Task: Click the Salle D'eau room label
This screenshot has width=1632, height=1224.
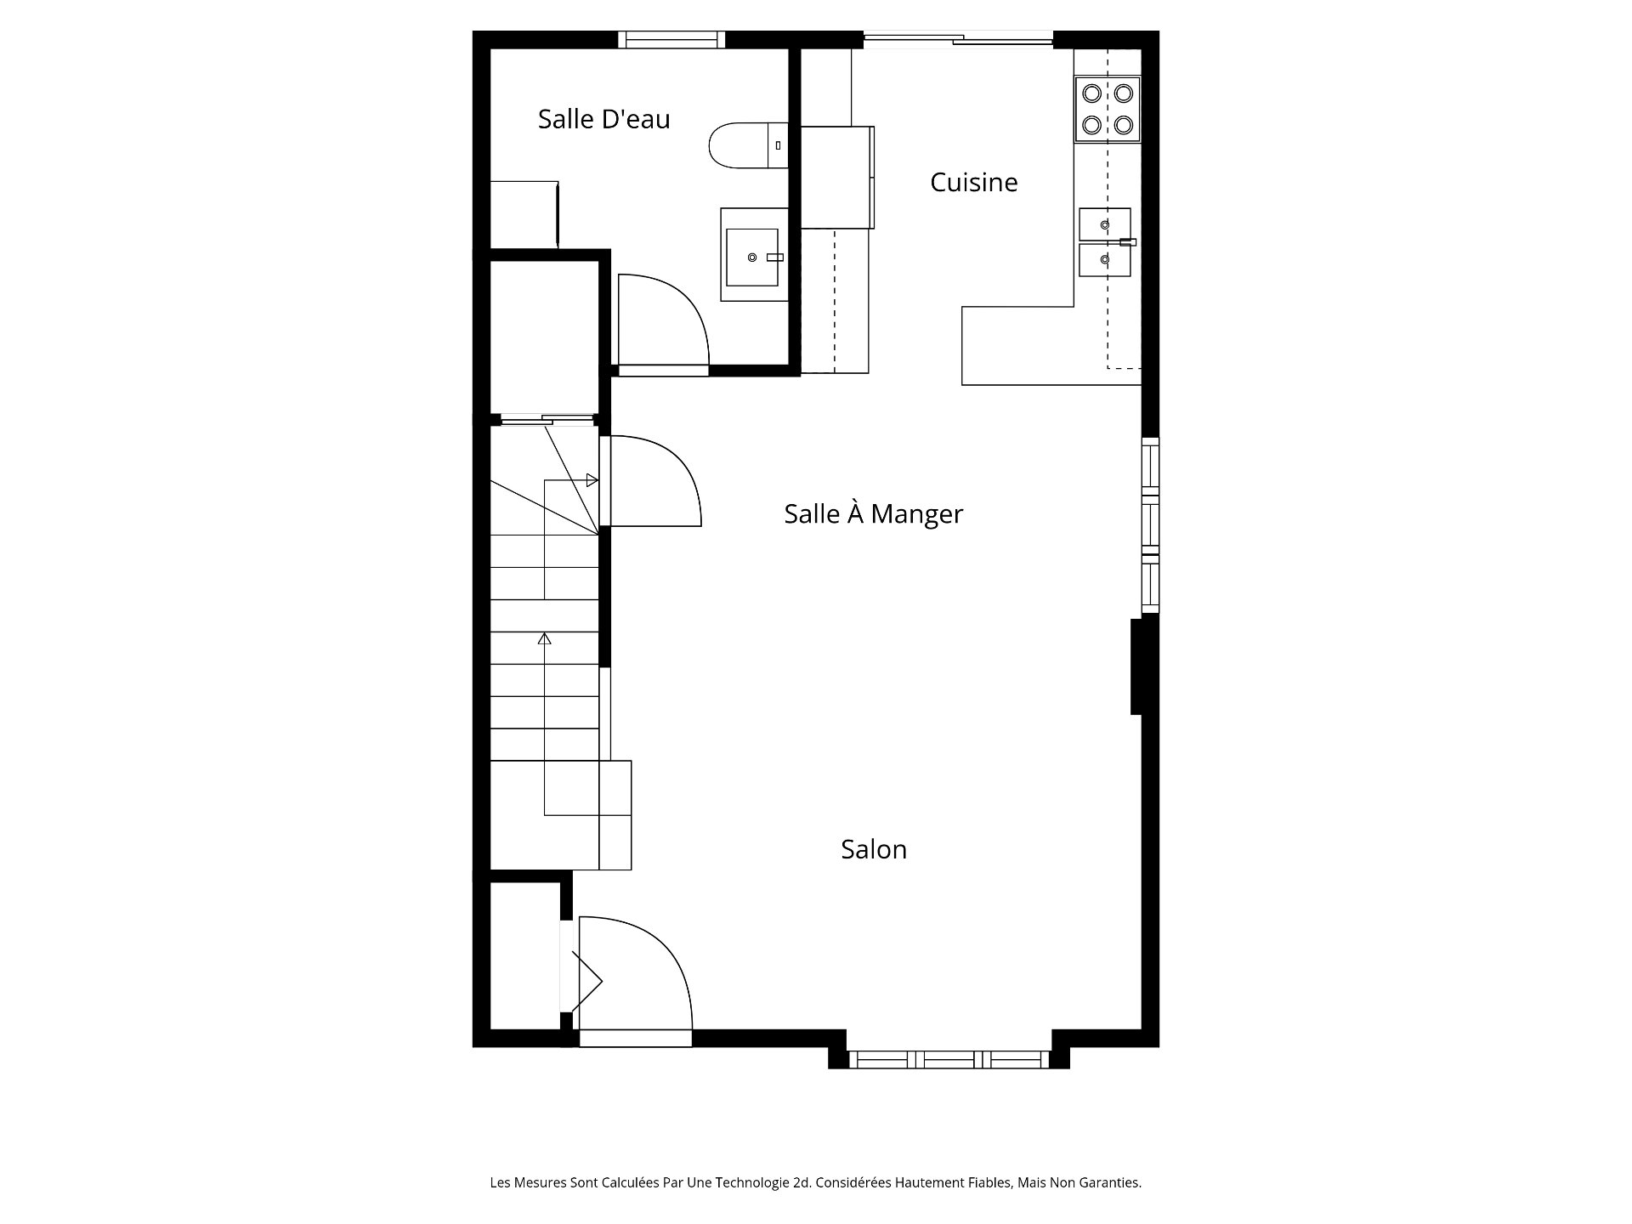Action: coord(603,119)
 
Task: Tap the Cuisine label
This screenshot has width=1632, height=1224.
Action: coord(973,182)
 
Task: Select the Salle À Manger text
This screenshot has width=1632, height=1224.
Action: coord(873,513)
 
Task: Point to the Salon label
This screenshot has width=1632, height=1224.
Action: coord(874,849)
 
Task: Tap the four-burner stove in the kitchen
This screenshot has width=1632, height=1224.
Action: coord(1108,109)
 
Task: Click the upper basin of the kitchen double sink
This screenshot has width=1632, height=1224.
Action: coord(1104,224)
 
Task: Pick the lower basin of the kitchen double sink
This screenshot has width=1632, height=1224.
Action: coord(1104,260)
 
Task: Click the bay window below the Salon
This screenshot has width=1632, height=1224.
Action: coord(949,1059)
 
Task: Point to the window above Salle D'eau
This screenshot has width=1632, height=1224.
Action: coord(671,39)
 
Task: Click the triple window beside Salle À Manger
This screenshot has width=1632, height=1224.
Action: coord(1149,524)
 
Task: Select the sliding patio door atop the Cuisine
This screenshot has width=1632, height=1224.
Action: coord(958,37)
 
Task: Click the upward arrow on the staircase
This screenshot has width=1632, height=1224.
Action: coord(545,638)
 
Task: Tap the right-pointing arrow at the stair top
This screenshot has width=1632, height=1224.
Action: coord(592,480)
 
